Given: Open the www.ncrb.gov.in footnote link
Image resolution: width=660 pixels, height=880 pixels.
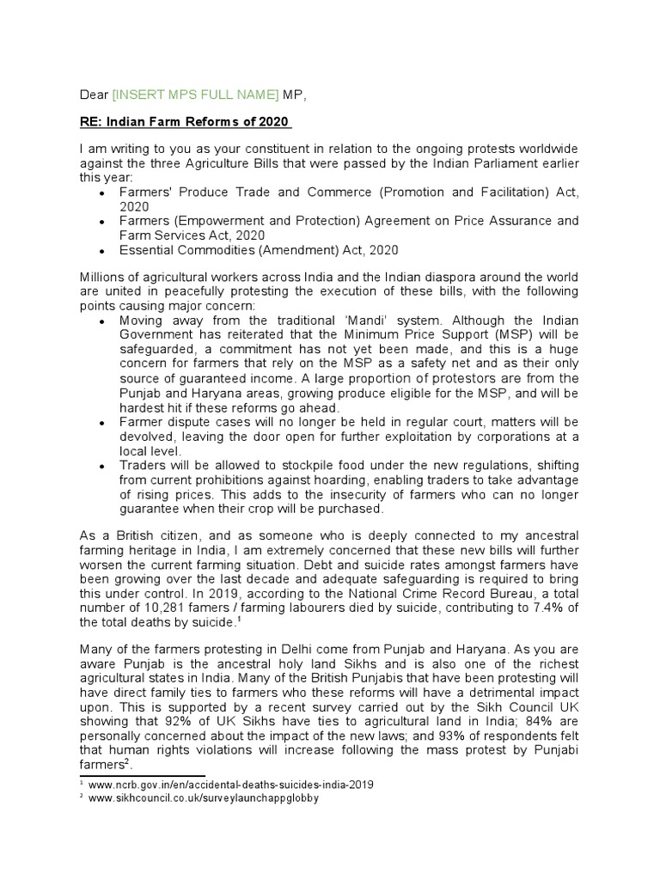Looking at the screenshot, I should coord(234,785).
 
